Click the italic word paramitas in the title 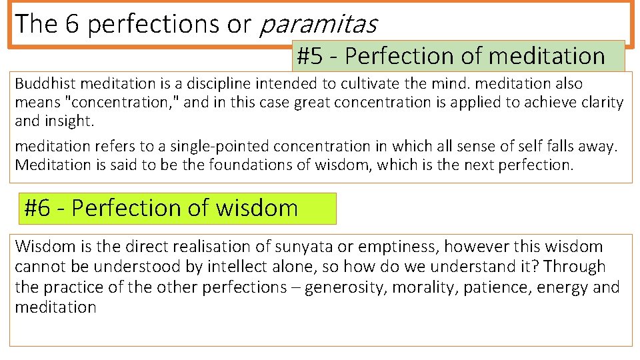point(317,24)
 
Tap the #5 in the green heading point(309,56)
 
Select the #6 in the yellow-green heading point(37,208)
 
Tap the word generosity point(358,288)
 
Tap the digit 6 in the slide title point(74,24)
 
